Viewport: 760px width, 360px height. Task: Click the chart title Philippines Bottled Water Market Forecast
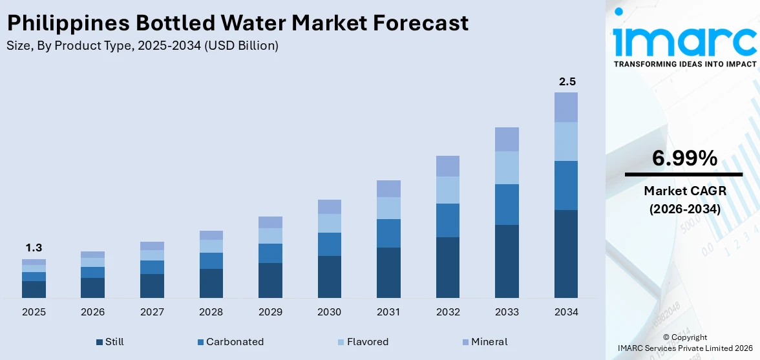coord(237,23)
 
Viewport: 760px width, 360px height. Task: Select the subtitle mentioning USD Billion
coord(142,45)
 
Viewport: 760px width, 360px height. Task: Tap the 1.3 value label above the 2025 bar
coord(34,248)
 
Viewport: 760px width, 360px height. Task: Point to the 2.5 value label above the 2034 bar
coord(567,81)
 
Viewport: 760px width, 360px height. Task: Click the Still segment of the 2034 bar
coord(566,253)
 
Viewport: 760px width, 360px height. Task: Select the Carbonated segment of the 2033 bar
coord(507,204)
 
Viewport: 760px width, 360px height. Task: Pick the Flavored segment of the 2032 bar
coord(447,190)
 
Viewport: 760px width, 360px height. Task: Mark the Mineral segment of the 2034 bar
coord(566,107)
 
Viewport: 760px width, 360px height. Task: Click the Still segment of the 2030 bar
coord(329,277)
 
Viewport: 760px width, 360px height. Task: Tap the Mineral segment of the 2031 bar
coord(388,189)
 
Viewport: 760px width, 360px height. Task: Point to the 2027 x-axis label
coord(152,312)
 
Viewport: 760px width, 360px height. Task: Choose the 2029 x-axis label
coord(270,312)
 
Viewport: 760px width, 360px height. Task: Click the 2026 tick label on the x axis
coord(92,312)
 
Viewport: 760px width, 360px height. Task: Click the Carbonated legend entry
coord(230,342)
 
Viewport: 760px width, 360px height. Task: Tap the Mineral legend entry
coord(484,342)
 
